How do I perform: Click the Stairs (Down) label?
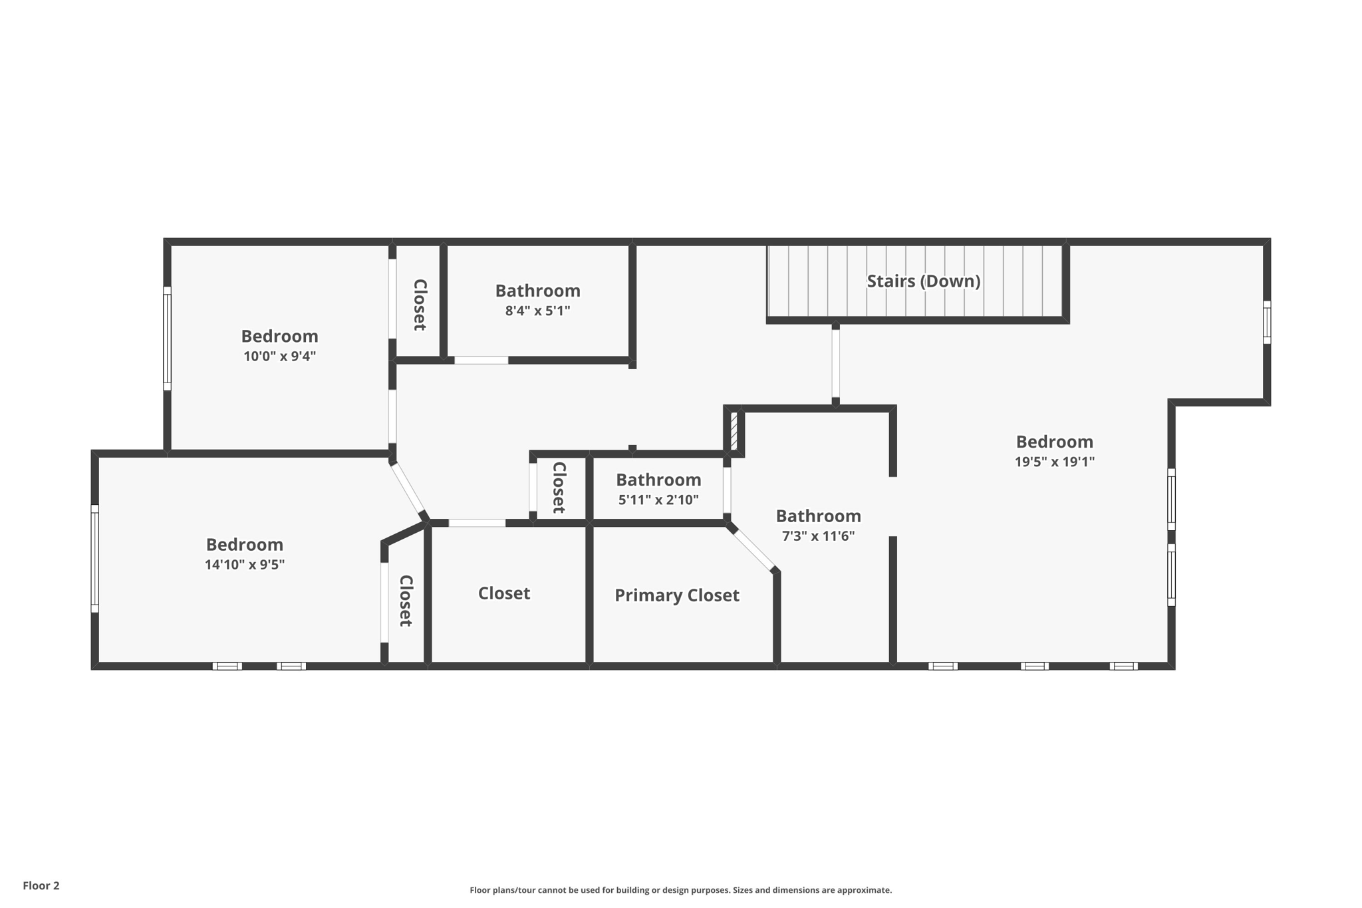(923, 281)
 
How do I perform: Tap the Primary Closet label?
(676, 595)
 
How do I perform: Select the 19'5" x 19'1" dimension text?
(1054, 462)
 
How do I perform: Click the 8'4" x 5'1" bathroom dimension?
(537, 311)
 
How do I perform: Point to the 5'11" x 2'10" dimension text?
(658, 500)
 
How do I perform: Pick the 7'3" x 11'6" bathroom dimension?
(818, 536)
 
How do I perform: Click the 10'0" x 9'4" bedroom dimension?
(279, 356)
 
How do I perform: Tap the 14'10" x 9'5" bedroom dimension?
(245, 565)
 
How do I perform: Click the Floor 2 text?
(41, 885)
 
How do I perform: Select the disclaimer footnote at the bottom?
(680, 890)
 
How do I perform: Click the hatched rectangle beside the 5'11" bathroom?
(734, 431)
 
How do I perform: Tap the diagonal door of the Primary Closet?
(754, 549)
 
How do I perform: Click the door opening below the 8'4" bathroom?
(481, 361)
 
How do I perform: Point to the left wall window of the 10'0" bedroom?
(168, 339)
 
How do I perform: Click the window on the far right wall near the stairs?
(1267, 323)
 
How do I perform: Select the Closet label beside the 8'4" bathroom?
(420, 305)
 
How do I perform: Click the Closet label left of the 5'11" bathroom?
(559, 488)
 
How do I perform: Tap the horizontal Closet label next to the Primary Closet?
(503, 593)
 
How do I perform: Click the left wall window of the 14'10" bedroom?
(95, 559)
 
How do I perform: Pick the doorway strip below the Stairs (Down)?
(835, 364)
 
